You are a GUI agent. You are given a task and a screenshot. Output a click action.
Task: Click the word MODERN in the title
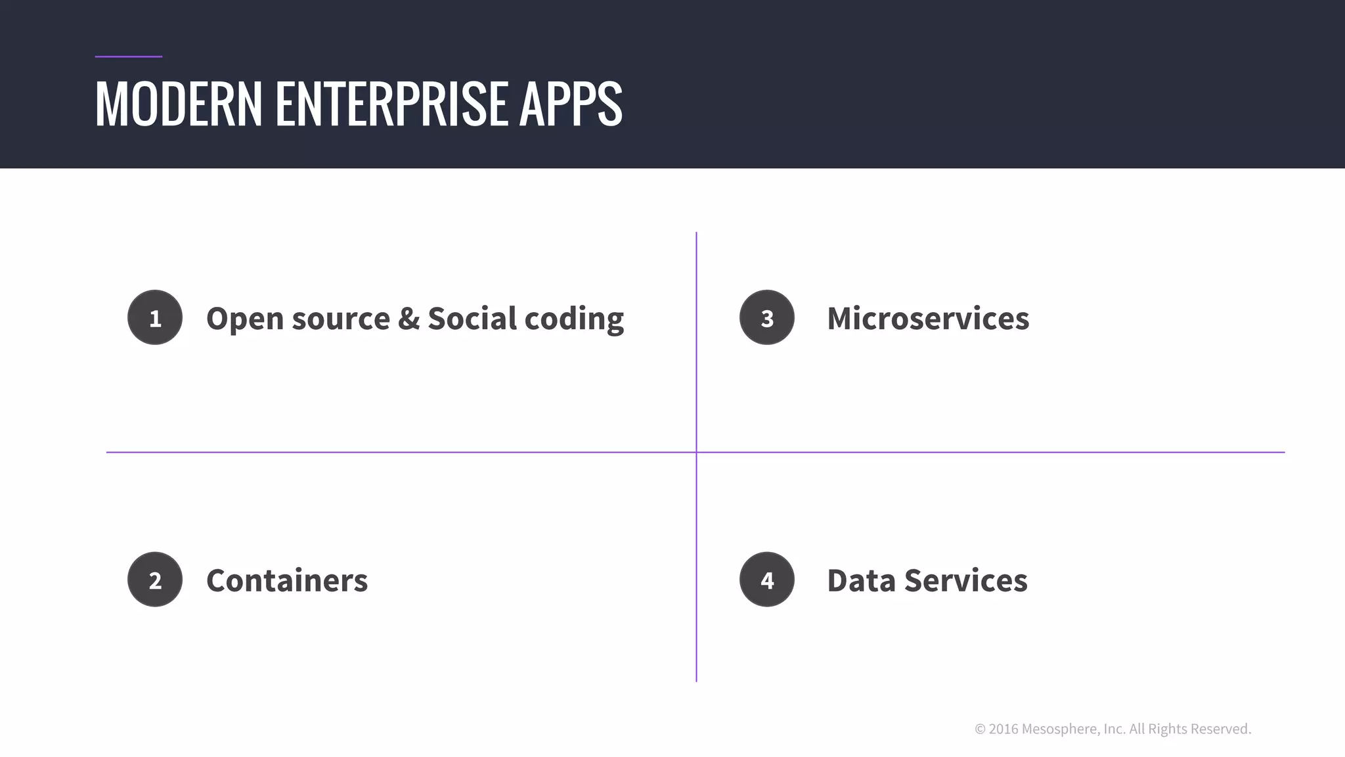point(179,104)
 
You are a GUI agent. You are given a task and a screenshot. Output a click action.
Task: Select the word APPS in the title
point(570,104)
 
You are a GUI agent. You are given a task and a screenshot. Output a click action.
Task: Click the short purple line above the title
point(128,57)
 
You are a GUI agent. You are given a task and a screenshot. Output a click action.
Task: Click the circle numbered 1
point(155,318)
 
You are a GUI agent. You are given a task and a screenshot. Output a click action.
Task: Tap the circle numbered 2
point(155,580)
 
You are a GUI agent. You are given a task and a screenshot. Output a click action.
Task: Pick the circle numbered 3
point(766,318)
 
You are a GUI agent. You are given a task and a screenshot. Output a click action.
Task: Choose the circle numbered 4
point(766,580)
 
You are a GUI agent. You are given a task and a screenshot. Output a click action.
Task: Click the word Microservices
point(927,319)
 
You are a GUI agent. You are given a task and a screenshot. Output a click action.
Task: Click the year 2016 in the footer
point(1003,729)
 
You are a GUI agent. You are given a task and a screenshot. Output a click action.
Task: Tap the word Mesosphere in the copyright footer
point(1059,729)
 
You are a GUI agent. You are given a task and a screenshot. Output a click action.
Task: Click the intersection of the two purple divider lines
point(696,452)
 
